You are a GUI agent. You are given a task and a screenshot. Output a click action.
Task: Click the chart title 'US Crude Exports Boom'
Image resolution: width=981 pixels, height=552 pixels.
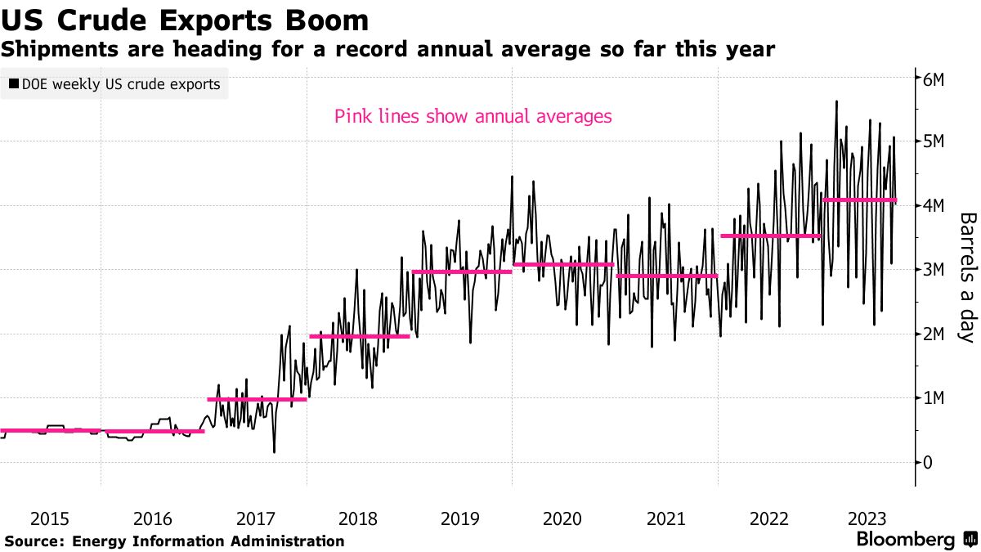(185, 19)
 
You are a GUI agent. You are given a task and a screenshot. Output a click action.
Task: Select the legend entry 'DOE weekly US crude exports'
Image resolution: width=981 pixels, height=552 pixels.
(114, 84)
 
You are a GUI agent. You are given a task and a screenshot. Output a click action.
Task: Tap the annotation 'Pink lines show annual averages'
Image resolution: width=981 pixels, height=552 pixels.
(473, 116)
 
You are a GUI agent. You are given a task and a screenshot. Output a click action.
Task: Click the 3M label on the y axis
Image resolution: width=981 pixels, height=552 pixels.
(934, 270)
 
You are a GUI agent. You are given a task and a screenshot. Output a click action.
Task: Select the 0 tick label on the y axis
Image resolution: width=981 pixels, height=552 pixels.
(928, 462)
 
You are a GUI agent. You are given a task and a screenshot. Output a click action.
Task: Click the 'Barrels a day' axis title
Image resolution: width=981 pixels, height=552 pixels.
(966, 277)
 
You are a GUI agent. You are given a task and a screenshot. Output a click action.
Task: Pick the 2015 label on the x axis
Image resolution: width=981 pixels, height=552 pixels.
(50, 518)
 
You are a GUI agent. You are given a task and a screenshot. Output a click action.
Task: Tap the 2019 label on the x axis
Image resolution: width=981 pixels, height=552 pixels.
(460, 518)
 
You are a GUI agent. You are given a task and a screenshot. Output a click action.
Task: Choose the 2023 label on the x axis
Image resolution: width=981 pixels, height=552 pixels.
(871, 518)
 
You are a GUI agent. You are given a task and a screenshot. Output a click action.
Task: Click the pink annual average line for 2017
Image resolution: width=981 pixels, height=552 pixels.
(257, 399)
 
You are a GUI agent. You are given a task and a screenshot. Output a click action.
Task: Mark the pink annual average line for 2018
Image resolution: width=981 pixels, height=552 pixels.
(359, 336)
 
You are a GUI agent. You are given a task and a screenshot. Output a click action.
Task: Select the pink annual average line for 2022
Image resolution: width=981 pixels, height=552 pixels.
(770, 236)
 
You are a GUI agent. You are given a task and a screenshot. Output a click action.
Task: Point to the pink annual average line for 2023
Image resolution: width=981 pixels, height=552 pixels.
(858, 200)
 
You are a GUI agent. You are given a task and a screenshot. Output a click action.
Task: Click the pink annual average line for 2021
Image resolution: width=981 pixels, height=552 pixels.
(667, 276)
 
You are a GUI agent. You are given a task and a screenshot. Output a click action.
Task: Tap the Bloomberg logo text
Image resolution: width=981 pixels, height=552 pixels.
(905, 540)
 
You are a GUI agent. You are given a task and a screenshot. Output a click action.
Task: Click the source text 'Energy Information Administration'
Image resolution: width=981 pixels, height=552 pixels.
(208, 541)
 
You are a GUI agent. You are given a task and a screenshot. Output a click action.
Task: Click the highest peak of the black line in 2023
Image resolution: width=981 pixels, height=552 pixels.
(835, 101)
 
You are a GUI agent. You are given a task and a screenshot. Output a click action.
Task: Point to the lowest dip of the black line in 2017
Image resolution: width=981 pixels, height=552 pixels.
(274, 451)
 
